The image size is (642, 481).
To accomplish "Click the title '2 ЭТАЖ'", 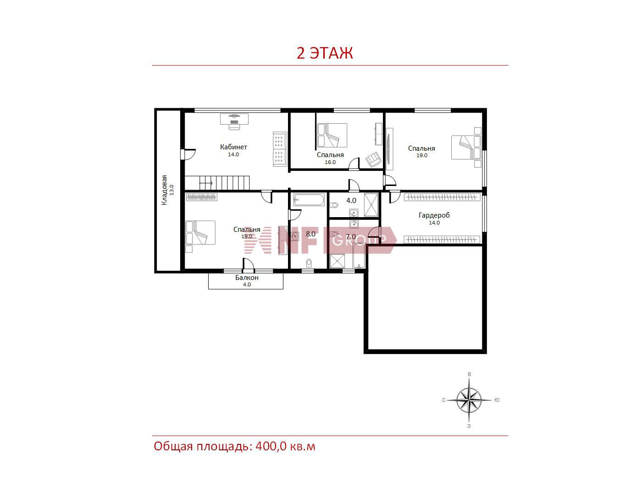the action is tap(324, 53).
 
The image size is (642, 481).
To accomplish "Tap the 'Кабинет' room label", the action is tap(233, 147).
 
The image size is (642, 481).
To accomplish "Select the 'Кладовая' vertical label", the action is tap(164, 190).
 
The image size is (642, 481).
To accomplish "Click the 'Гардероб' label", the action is tap(434, 215).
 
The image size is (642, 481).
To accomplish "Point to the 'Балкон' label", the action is tap(247, 278).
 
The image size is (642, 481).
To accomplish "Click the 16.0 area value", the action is tap(330, 162).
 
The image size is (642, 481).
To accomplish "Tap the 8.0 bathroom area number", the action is tap(310, 234).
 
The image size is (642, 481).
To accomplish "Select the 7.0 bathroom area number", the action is tap(351, 236).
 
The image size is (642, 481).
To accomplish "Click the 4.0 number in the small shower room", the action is tap(351, 200).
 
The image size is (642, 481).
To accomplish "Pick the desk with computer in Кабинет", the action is tap(234, 121).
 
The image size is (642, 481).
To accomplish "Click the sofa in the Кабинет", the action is tap(280, 149).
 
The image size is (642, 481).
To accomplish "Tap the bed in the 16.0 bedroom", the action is tap(332, 135).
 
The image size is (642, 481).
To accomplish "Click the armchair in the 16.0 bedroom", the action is tap(373, 159).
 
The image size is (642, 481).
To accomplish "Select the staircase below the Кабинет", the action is tap(217, 183).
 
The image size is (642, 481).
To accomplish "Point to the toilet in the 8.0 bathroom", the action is tap(309, 263).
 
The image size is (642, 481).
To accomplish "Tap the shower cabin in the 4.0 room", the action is tap(371, 205).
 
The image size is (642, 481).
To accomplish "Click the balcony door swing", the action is tap(248, 264).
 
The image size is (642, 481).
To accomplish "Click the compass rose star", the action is tap(469, 400).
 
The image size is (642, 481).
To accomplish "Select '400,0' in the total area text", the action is tap(271, 447).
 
